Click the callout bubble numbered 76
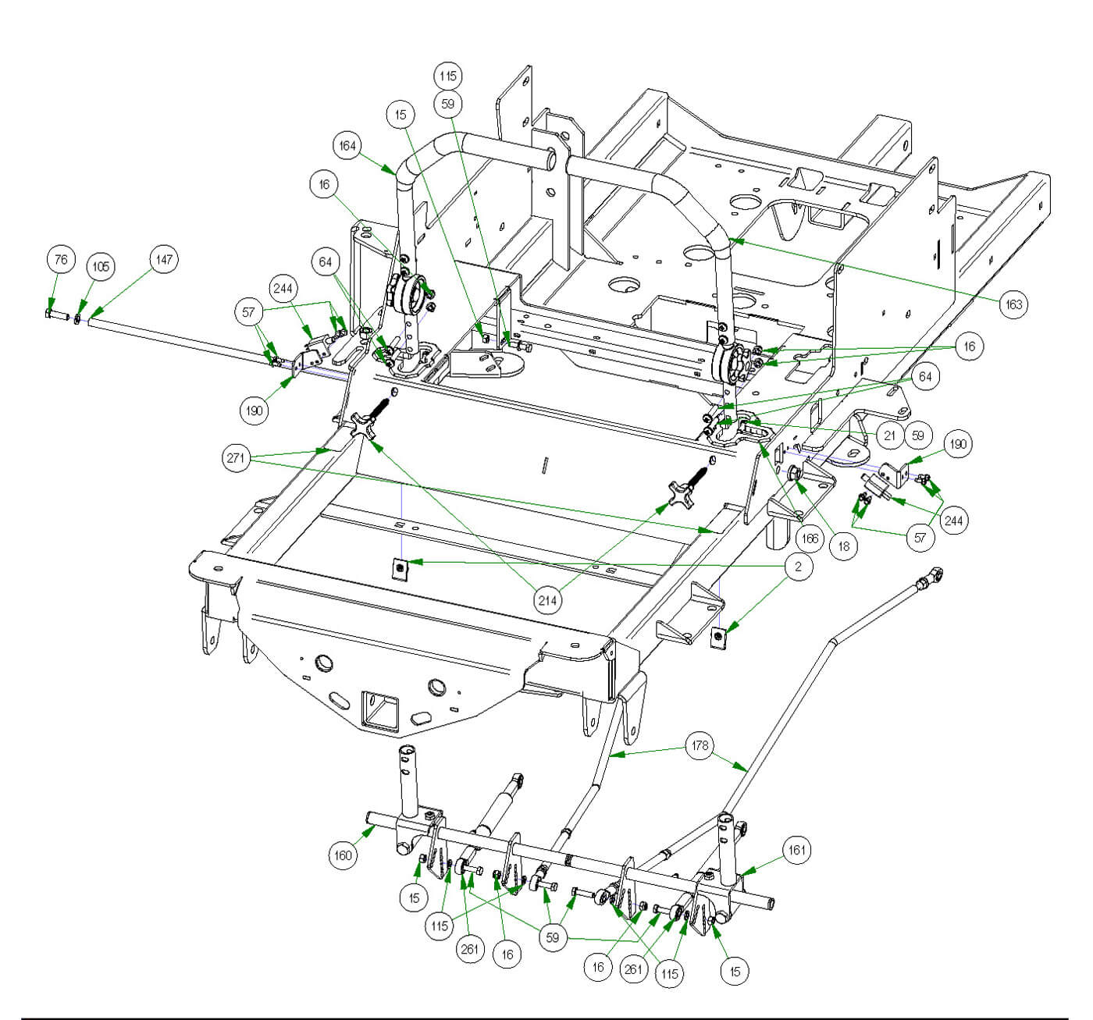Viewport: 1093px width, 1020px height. (x=62, y=261)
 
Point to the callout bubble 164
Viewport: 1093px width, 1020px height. (x=348, y=146)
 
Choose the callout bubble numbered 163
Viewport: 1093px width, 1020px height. (x=1013, y=304)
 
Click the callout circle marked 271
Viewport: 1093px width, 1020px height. (x=237, y=458)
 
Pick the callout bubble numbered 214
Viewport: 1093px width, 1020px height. (x=548, y=599)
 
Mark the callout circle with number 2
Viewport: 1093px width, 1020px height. (x=798, y=567)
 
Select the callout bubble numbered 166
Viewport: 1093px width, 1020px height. (x=810, y=538)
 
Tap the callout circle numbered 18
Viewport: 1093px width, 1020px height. (x=844, y=547)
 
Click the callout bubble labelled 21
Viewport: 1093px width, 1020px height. (x=887, y=435)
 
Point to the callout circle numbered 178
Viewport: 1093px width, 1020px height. (x=700, y=746)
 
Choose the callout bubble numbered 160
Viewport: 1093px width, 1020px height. (x=344, y=855)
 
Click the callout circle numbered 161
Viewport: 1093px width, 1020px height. (x=796, y=850)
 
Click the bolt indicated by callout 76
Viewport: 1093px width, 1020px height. (x=48, y=315)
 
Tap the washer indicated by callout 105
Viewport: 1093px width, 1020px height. (x=78, y=318)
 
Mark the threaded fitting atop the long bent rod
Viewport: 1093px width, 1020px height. (x=931, y=579)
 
